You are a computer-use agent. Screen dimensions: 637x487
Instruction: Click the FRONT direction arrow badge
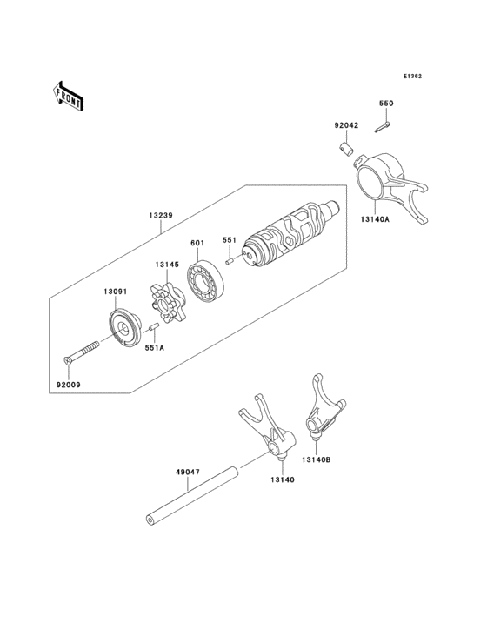tap(69, 95)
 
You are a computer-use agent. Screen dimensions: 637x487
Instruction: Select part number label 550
tap(385, 104)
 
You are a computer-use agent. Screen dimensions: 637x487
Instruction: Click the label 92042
tap(347, 126)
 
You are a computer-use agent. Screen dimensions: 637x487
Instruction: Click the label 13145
tap(168, 265)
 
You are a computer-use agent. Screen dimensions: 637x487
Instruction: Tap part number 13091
tap(117, 292)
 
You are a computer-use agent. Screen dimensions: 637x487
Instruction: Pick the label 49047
tap(188, 473)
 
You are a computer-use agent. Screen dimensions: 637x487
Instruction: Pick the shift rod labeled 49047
tap(191, 498)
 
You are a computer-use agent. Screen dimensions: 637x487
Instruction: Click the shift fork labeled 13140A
tap(388, 180)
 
